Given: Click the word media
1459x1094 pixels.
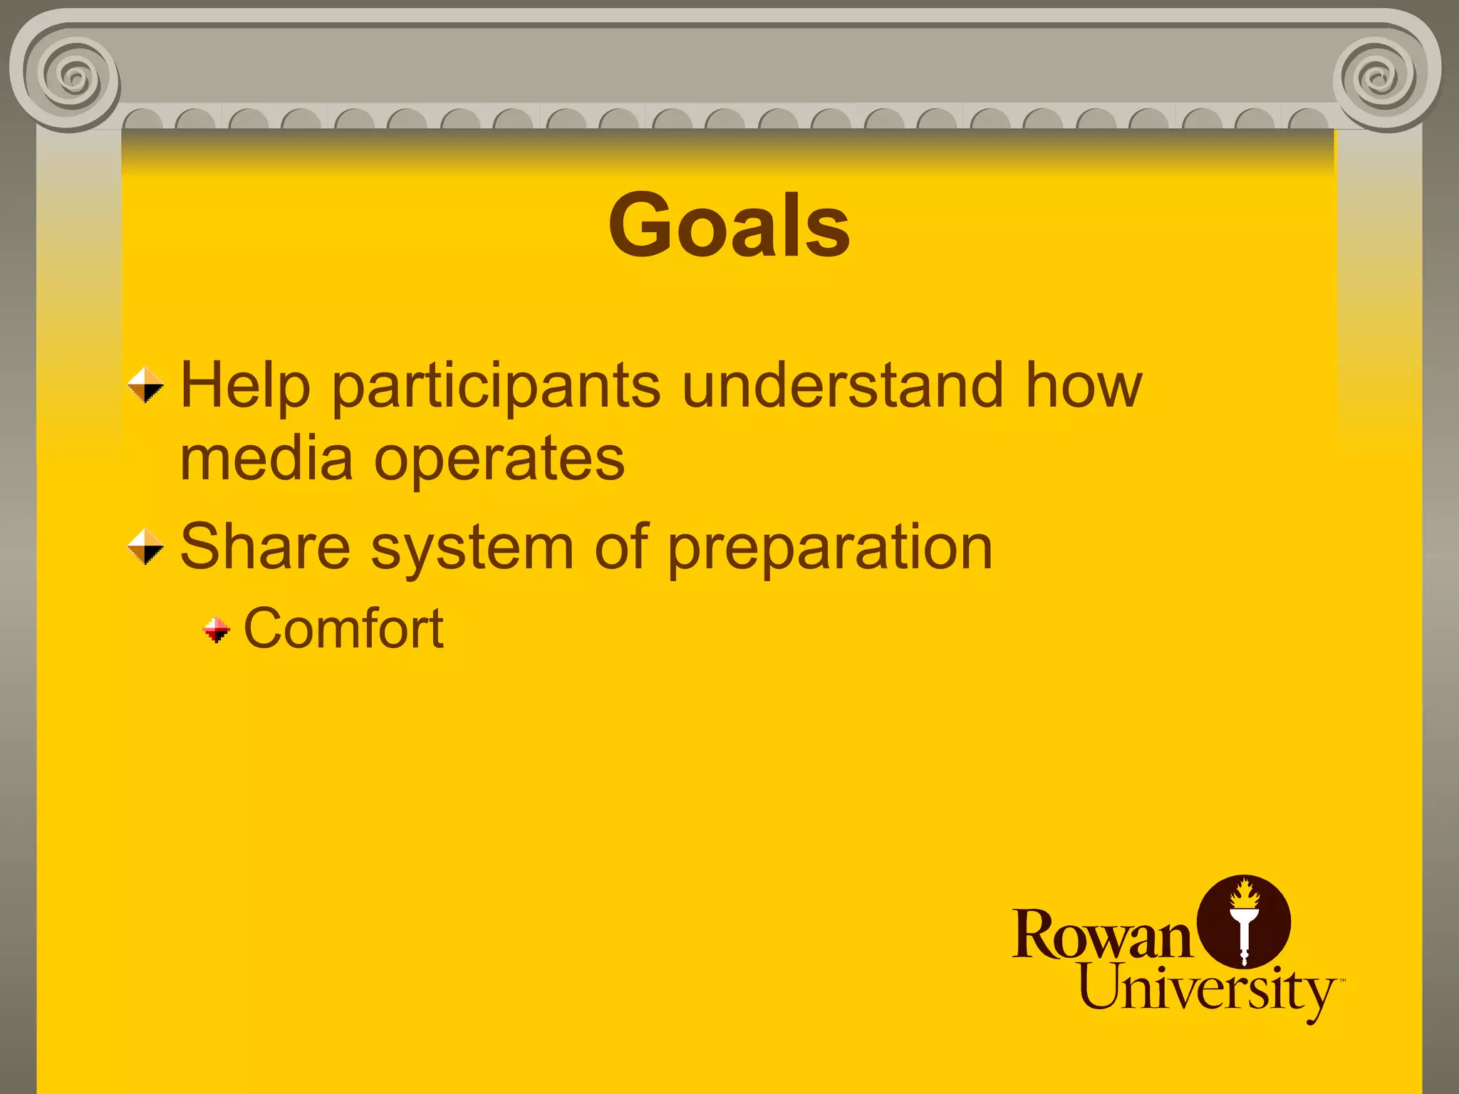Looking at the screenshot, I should coord(266,459).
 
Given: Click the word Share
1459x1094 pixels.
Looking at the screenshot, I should coord(265,547).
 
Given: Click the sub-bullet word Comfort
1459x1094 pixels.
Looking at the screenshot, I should coord(343,629).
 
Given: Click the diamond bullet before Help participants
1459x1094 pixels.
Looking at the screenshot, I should coord(145,385).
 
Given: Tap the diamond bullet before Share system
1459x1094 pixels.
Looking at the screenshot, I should coord(145,547).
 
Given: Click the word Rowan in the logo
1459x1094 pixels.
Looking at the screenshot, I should coord(1101,935).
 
